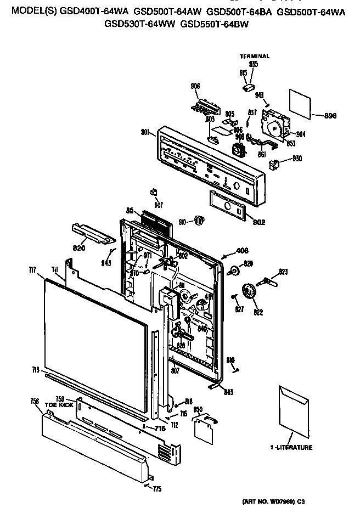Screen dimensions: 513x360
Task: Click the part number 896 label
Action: (x=330, y=116)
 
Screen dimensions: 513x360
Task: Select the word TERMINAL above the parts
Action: (x=255, y=57)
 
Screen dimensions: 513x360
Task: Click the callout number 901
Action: (x=146, y=131)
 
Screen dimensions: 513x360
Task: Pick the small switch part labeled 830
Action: (x=275, y=162)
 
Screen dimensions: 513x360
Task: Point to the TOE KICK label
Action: (x=59, y=404)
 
